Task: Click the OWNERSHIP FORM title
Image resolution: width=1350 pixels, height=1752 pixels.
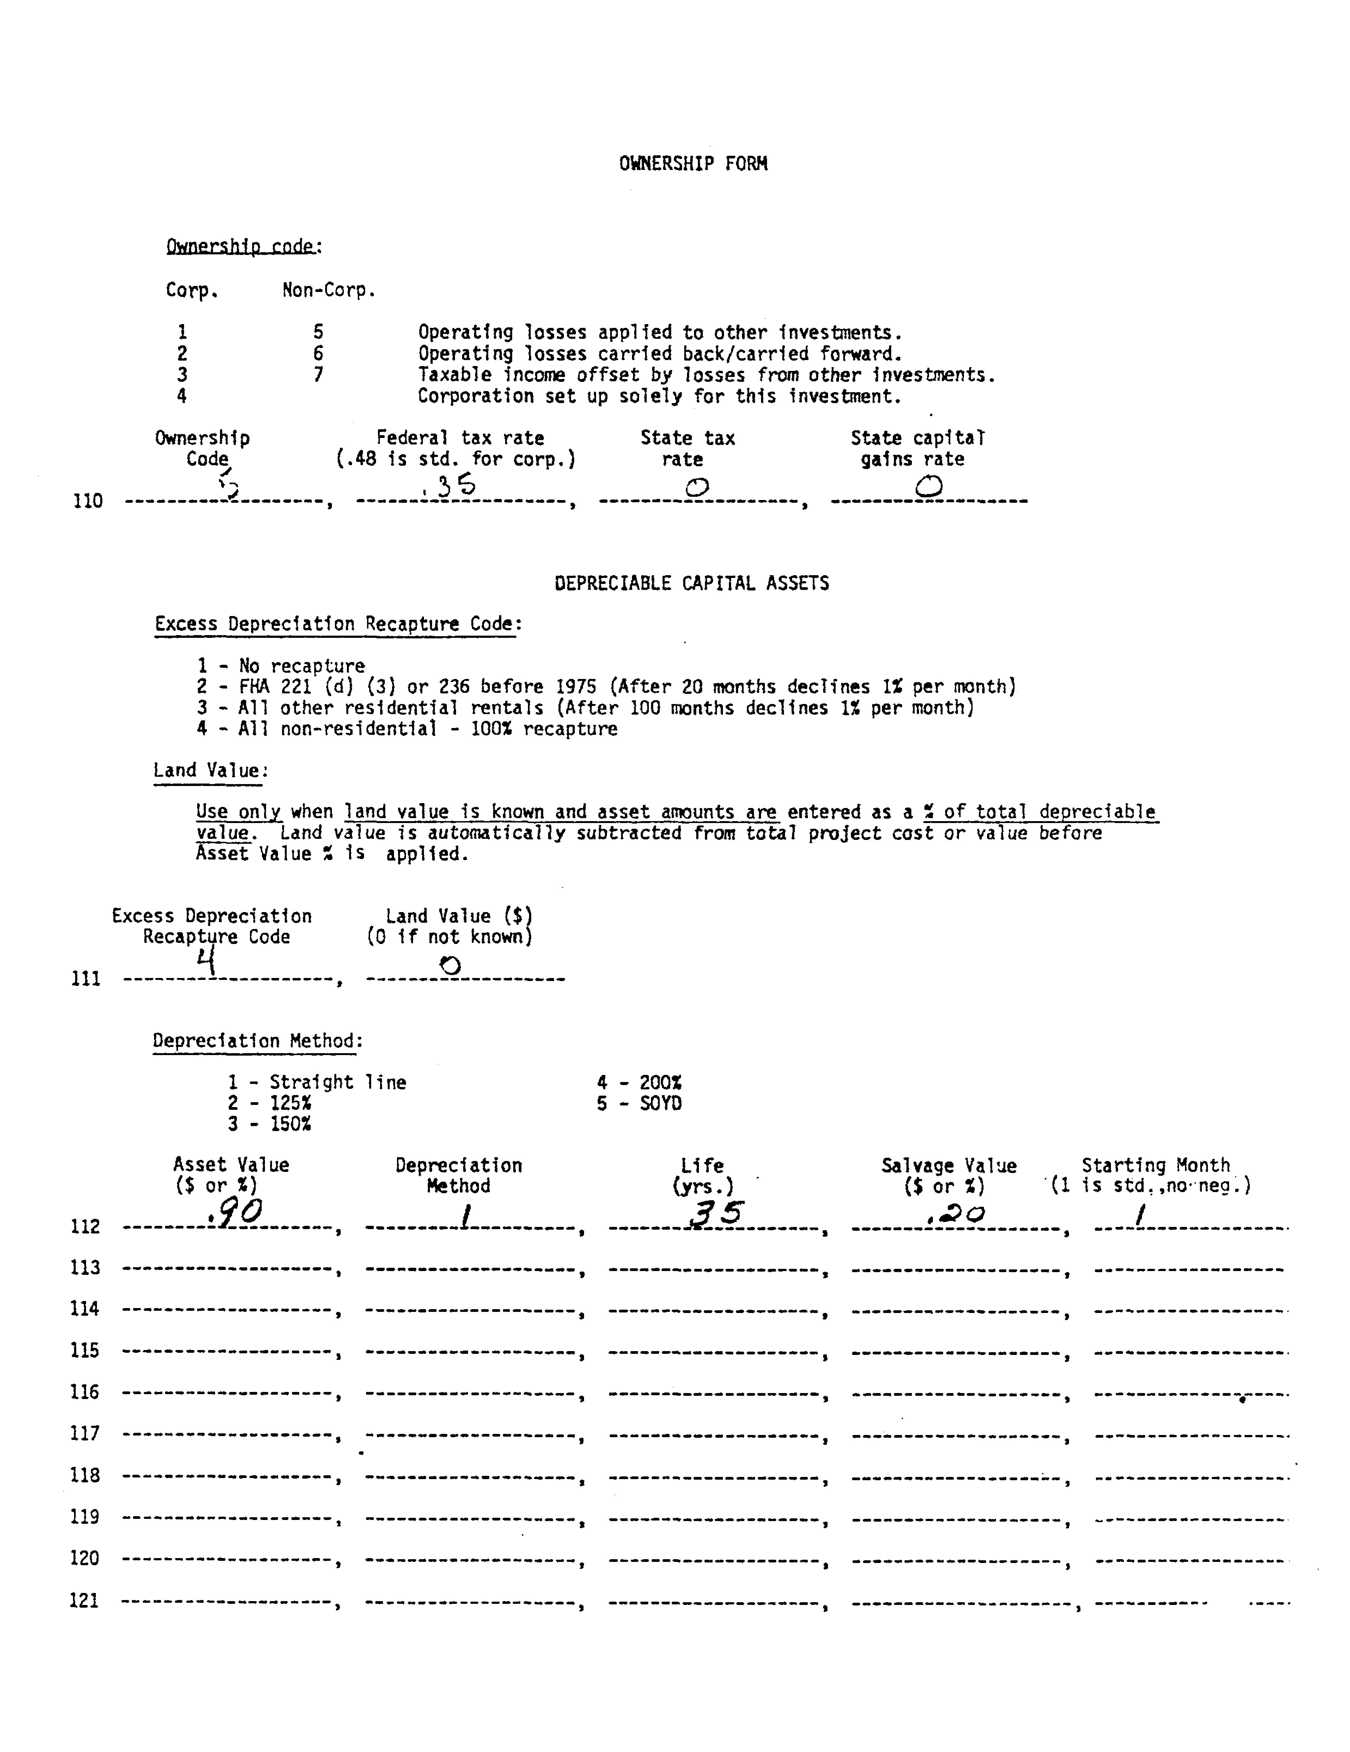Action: coord(693,164)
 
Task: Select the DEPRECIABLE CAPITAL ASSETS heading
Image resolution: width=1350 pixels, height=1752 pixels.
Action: coord(691,583)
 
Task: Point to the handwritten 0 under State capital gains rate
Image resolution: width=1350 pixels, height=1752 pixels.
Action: coord(928,486)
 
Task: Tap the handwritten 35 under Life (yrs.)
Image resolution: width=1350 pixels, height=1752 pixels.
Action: coord(716,1214)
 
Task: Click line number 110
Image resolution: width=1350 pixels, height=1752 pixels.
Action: coord(87,501)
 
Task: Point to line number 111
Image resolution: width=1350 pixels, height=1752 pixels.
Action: coord(86,979)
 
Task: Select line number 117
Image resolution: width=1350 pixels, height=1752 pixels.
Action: coord(85,1434)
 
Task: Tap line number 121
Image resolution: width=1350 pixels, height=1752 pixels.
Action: coord(85,1600)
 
